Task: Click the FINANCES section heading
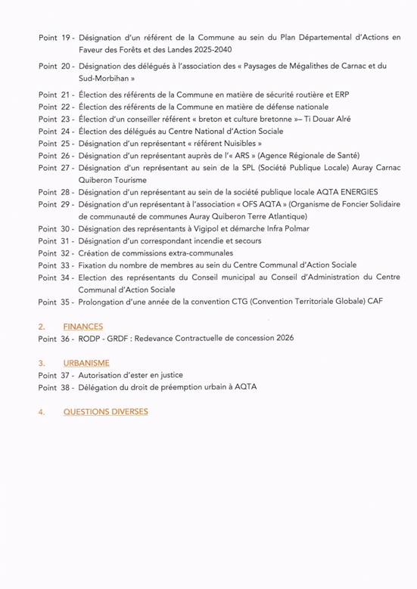(83, 327)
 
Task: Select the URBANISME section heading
(86, 363)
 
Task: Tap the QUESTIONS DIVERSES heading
(105, 411)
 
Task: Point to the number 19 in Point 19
(66, 36)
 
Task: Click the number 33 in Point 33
(66, 265)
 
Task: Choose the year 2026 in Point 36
(282, 338)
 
